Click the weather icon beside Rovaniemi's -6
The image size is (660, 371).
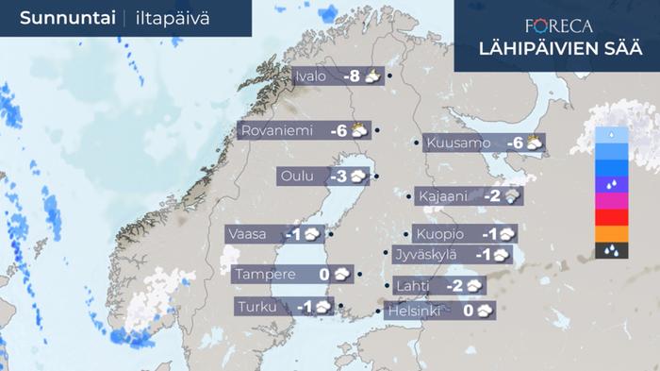pyautogui.click(x=359, y=131)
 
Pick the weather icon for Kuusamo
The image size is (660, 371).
pyautogui.click(x=535, y=143)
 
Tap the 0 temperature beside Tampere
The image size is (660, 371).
pyautogui.click(x=323, y=275)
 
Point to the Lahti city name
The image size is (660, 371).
pyautogui.click(x=414, y=286)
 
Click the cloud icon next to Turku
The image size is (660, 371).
pyautogui.click(x=323, y=307)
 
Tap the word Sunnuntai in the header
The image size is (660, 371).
pyautogui.click(x=62, y=18)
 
